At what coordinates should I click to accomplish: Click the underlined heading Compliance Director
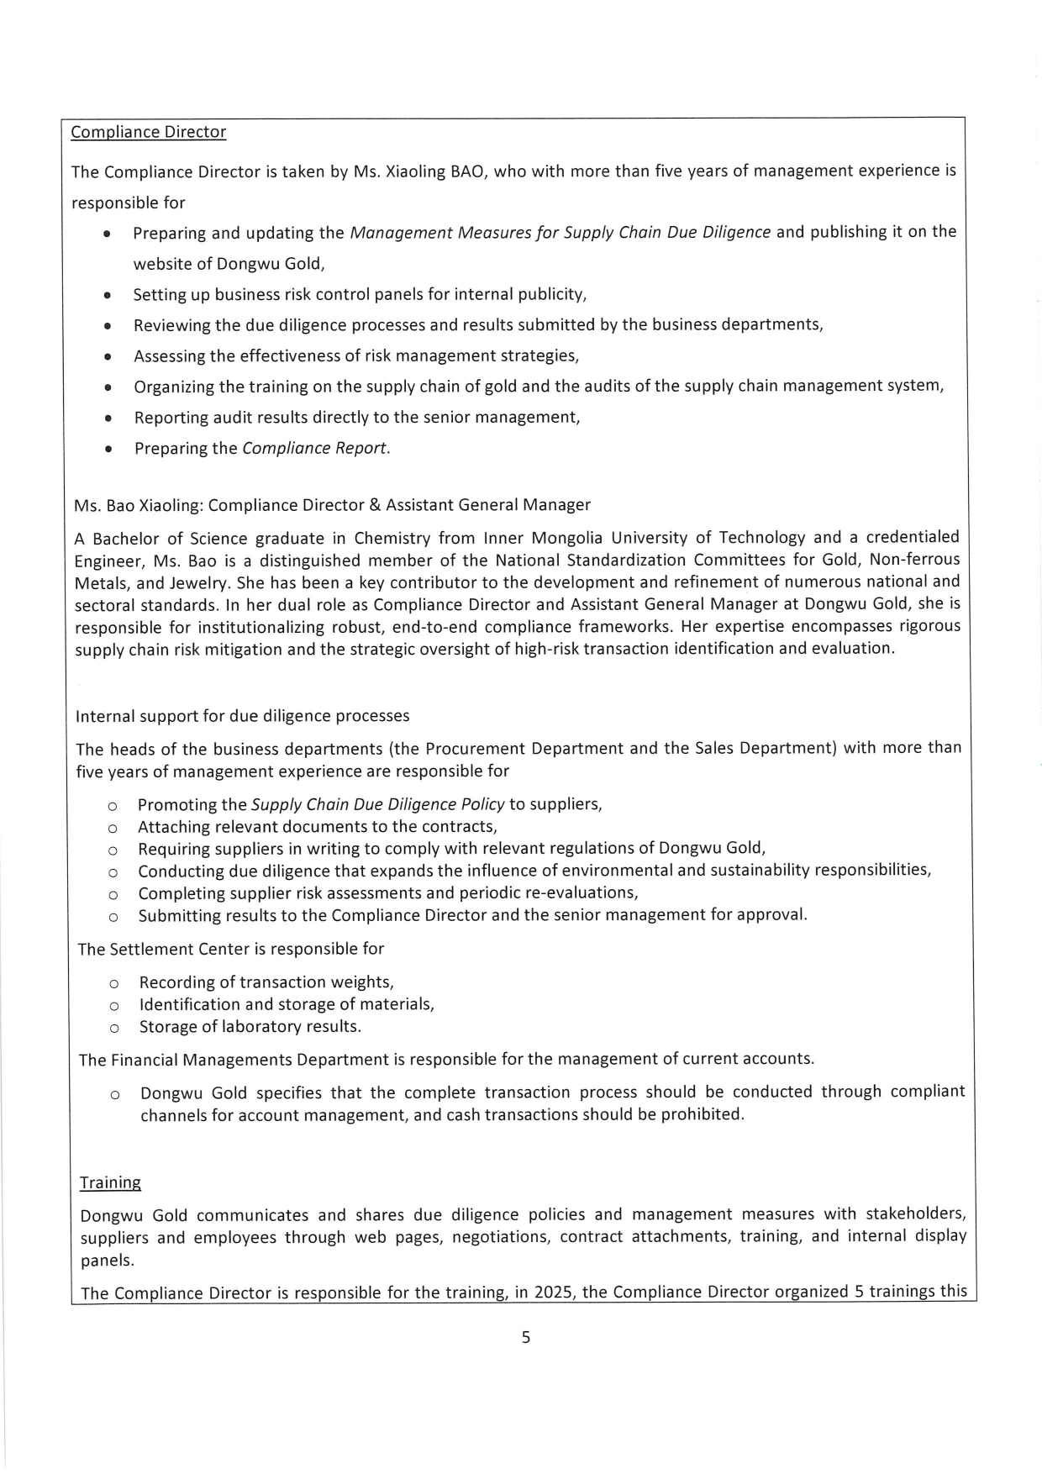(x=148, y=132)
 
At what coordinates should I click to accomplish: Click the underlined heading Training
(x=110, y=1182)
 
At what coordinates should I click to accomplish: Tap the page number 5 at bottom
(x=526, y=1338)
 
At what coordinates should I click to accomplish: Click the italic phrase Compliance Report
(x=316, y=448)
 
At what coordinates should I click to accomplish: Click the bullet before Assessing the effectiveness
(x=108, y=356)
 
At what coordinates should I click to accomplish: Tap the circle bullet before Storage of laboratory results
(x=113, y=1028)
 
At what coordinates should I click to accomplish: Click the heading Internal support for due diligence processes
(x=242, y=716)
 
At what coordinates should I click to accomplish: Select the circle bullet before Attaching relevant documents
(x=113, y=828)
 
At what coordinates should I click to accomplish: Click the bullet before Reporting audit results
(x=108, y=418)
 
